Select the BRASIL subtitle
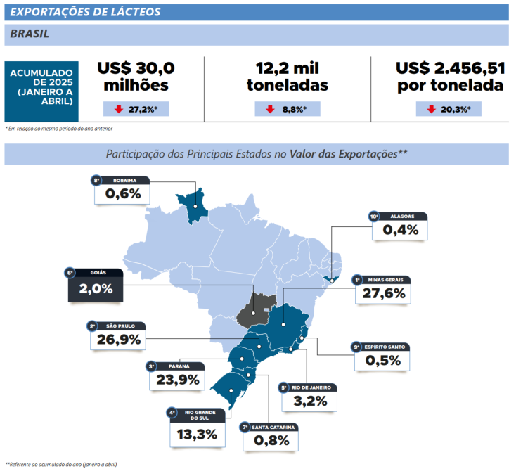(30, 33)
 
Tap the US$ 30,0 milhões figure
(136, 76)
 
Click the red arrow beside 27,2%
(118, 109)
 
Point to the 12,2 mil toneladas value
(288, 76)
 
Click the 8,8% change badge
(287, 109)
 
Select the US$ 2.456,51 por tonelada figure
(450, 76)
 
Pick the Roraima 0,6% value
(122, 194)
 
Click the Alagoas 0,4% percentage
(401, 229)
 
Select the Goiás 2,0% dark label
(96, 289)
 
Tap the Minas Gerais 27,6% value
(383, 293)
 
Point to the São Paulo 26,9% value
(119, 340)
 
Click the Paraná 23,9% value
(179, 380)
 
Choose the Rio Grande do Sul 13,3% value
(197, 434)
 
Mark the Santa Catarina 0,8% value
(269, 440)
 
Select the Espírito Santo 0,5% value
(383, 361)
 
